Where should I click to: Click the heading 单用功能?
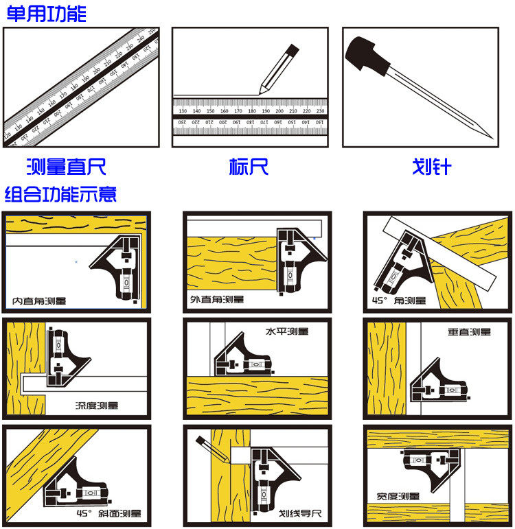coord(46,14)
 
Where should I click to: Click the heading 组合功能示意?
coord(61,194)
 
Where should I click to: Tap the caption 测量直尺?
coord(66,166)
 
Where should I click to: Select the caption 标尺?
coord(249,166)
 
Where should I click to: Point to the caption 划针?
coord(431,166)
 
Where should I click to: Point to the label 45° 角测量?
coord(398,301)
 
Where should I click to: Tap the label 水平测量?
coord(286,331)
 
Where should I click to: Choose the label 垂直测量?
coord(470,332)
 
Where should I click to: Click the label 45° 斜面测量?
coord(110,513)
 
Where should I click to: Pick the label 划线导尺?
coord(299,513)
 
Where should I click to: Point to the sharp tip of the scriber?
coord(490,137)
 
